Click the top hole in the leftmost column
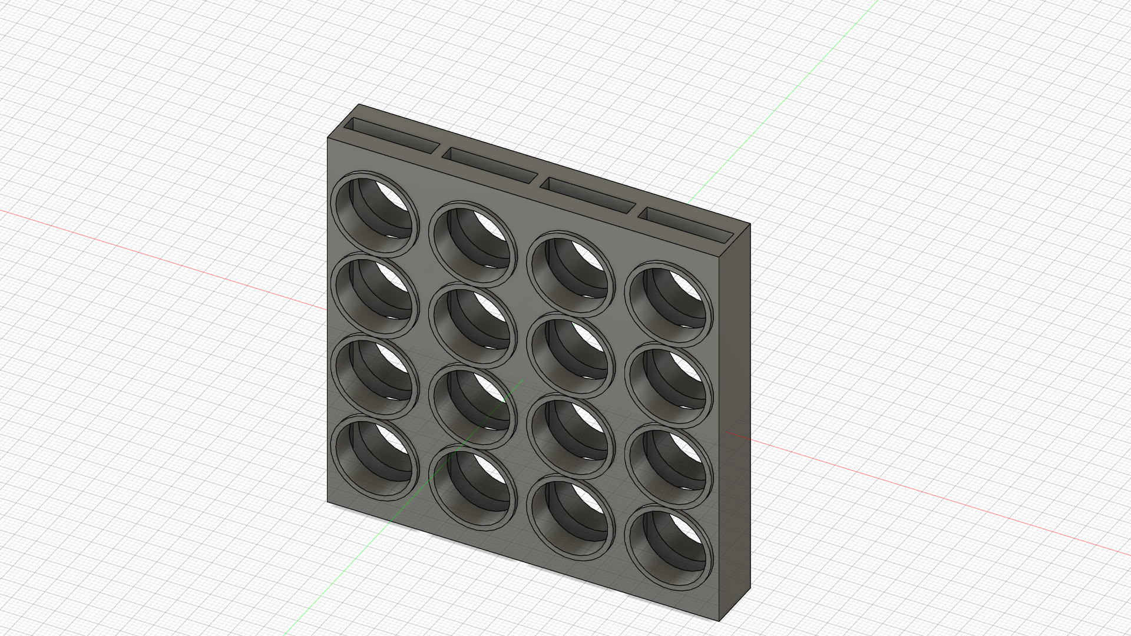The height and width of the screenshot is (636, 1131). point(375,214)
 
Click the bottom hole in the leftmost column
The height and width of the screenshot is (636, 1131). point(375,457)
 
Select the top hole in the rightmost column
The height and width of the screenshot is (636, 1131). point(668,304)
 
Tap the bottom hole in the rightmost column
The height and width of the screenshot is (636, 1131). point(668,548)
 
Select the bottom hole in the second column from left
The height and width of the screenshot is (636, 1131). point(472,488)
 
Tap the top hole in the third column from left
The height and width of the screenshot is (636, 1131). point(570,274)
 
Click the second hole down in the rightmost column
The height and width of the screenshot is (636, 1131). point(668,385)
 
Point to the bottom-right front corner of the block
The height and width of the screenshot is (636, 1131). point(720,621)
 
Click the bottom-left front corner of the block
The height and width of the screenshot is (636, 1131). point(328,502)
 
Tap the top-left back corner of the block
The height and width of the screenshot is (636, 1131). point(359,105)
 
